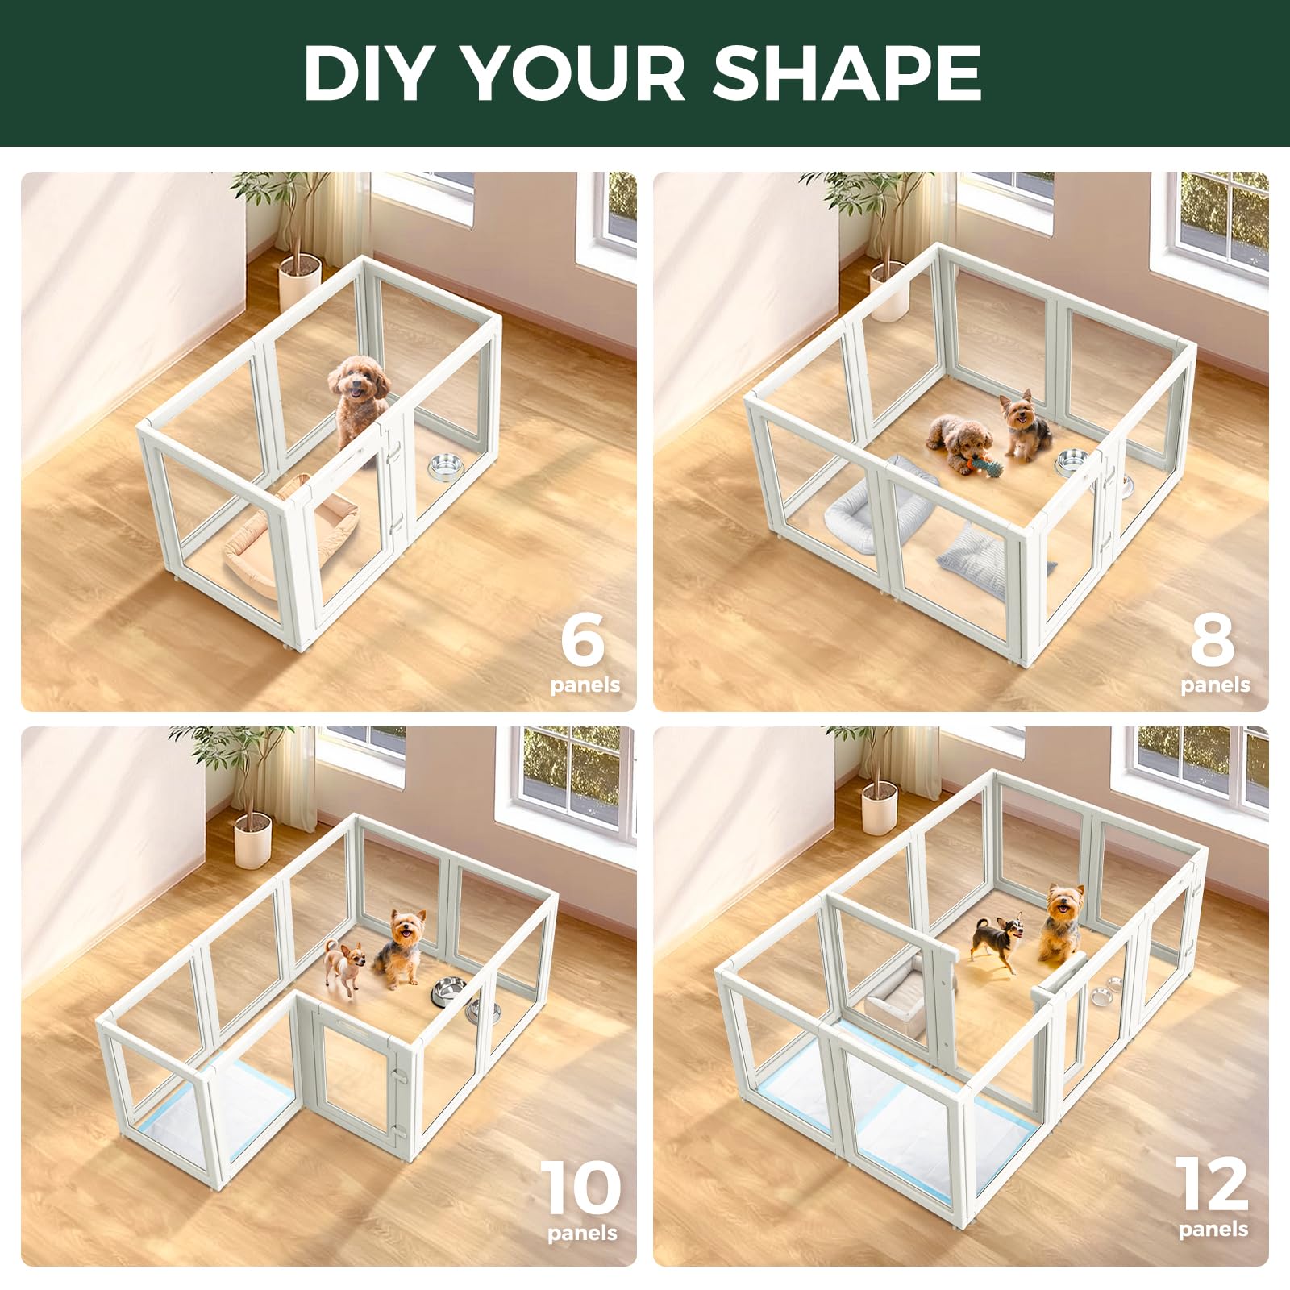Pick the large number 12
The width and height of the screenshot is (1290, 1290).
point(1212,1184)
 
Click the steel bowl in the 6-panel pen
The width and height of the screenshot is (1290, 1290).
point(444,466)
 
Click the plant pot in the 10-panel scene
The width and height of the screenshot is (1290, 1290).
point(252,839)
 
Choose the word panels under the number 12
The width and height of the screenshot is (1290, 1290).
point(1213,1230)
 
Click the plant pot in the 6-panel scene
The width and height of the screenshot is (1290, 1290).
point(299,278)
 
